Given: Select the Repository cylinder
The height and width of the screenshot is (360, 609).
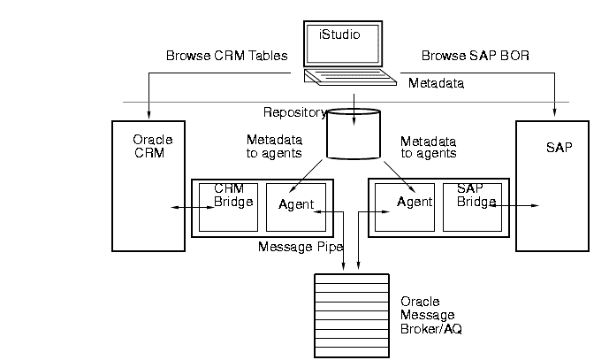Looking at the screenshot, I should [353, 134].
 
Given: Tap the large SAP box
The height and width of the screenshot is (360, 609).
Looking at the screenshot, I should [552, 186].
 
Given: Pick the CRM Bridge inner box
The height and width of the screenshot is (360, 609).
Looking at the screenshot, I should [228, 207].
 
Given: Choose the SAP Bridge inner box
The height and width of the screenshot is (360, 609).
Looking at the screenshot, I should [472, 207].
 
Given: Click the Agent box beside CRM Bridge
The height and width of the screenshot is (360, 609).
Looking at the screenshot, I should [296, 207].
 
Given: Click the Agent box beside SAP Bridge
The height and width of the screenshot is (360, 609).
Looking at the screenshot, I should [404, 207].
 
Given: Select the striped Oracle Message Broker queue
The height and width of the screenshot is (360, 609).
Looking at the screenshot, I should [352, 315].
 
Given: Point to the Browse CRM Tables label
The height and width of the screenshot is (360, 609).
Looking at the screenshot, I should [227, 56].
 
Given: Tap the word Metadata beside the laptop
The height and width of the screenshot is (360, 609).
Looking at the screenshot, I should [437, 83].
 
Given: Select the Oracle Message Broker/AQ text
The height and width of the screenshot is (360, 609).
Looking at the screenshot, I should [431, 315].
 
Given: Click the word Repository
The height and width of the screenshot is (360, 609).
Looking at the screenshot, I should [294, 112].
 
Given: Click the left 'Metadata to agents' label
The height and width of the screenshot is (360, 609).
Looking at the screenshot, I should [274, 146].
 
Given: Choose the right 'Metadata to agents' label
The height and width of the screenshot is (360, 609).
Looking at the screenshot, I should [429, 147].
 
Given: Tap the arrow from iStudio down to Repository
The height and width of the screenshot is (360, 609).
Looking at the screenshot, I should [354, 99].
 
